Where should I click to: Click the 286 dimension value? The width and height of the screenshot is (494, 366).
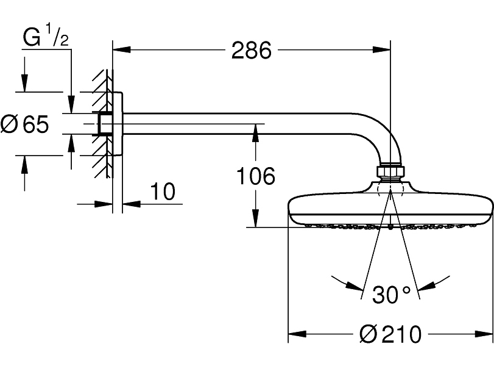251,50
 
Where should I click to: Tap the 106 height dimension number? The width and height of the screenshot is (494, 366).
255,176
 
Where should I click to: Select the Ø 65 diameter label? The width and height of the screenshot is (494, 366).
25,124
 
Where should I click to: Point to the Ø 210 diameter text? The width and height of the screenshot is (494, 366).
390,334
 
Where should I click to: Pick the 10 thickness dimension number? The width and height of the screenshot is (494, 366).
163,191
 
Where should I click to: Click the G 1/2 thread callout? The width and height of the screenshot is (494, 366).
46,35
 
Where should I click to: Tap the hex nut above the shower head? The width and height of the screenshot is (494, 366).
390,171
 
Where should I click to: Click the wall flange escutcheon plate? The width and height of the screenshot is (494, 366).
118,124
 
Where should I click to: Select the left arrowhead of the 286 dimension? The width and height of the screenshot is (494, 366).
121,49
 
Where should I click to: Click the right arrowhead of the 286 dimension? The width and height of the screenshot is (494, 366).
381,49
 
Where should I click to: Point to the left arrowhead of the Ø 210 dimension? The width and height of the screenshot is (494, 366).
297,334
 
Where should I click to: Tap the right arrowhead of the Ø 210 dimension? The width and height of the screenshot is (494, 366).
484,334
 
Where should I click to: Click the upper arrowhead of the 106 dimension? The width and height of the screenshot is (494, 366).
255,132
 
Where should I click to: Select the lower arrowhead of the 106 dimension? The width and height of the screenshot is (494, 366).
255,218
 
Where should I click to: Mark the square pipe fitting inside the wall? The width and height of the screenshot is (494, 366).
105,124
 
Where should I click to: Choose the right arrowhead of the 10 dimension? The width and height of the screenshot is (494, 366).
132,204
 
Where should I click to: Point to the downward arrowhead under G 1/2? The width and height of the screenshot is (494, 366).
71,104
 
